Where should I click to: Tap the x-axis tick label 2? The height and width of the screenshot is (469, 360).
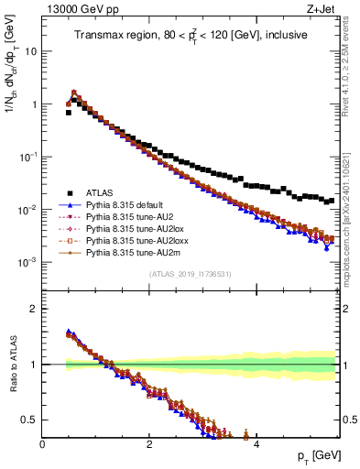[x=149, y=442]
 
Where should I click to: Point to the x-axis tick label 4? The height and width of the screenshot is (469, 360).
[x=256, y=442]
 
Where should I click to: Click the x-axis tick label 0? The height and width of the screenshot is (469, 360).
[x=43, y=442]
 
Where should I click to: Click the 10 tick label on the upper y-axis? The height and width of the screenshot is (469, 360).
[x=29, y=51]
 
